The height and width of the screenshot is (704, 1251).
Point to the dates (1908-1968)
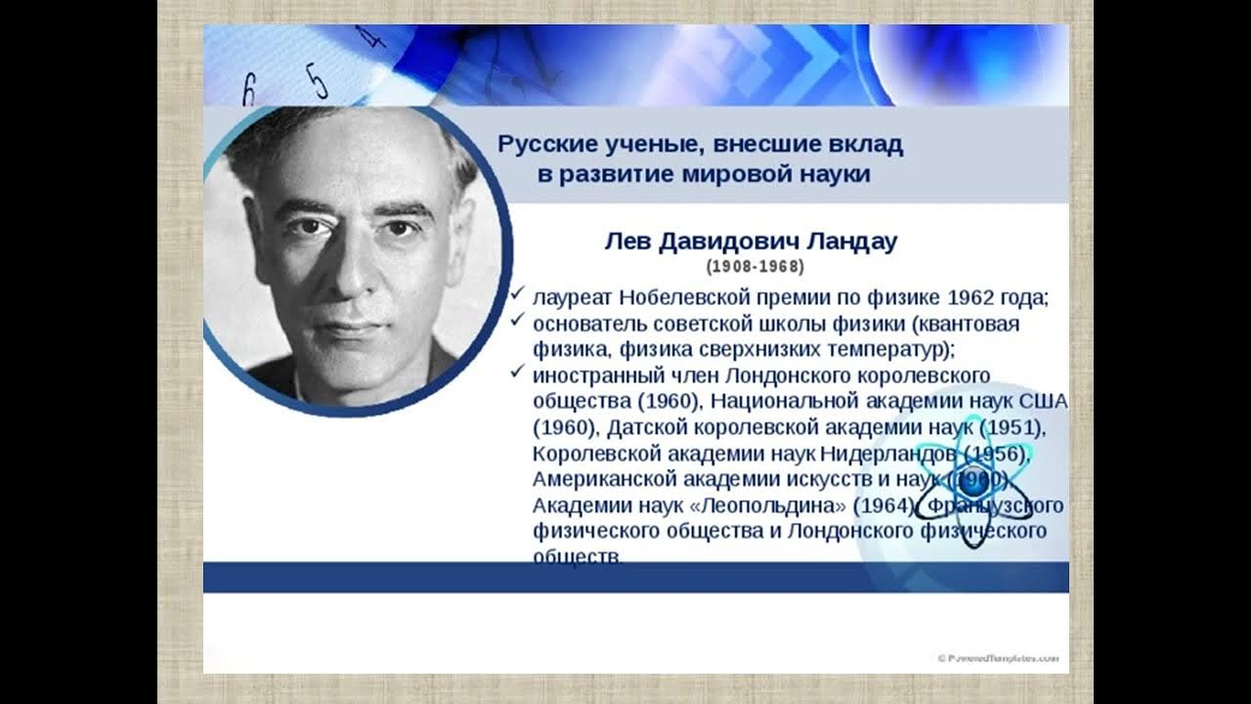755,266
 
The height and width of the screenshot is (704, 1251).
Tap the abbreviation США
1043,401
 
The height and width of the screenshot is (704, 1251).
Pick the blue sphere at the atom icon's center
971,480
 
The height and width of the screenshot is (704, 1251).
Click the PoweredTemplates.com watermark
997,658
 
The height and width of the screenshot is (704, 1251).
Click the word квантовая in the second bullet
964,324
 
